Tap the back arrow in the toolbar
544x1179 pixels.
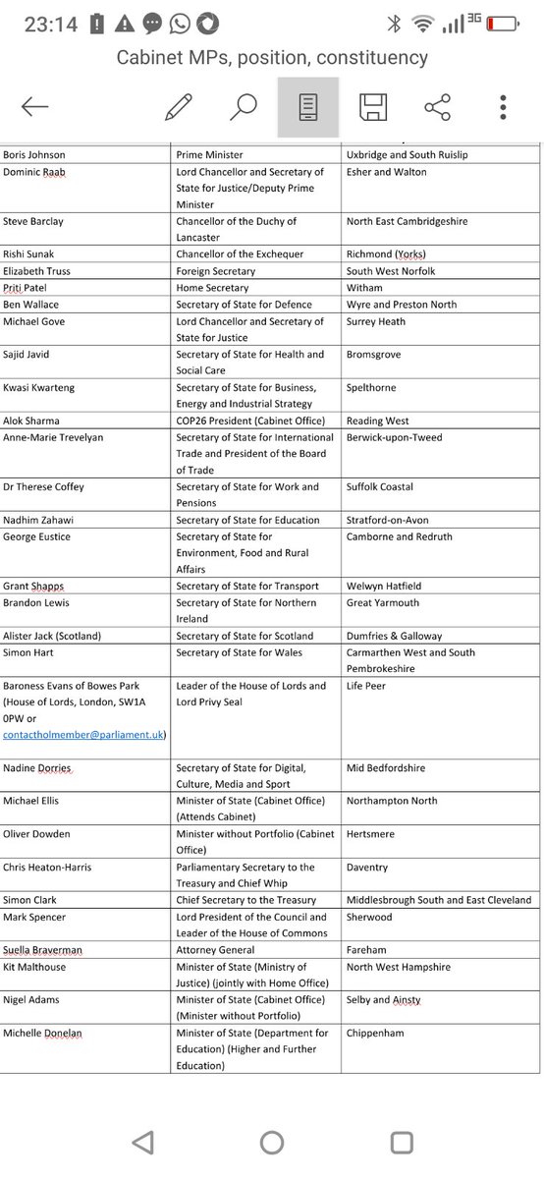point(35,107)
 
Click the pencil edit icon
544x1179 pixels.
point(179,107)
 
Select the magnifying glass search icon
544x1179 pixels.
point(243,107)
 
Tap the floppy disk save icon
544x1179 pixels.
point(372,107)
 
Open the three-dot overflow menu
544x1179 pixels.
point(503,107)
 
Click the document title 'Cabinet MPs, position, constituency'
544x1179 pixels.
point(272,57)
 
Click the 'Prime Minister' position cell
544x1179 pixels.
point(209,155)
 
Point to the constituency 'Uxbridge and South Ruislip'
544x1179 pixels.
point(408,155)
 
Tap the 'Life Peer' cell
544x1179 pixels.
point(369,686)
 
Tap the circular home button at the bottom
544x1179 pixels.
point(272,1142)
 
